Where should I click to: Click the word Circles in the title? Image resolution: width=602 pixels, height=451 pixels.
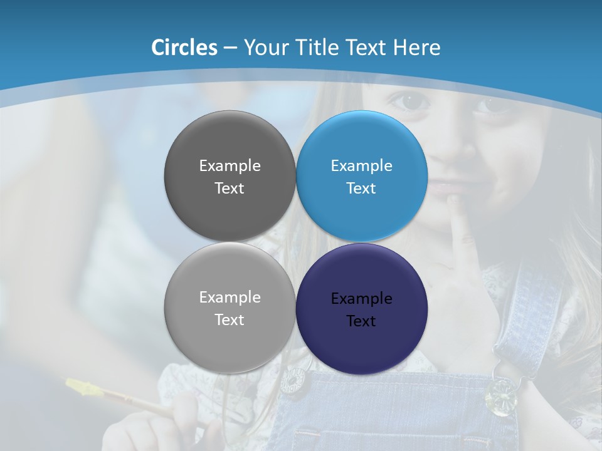pos(184,48)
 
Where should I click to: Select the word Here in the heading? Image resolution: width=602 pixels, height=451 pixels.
pos(416,48)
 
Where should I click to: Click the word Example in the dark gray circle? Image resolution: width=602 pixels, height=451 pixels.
pos(230,166)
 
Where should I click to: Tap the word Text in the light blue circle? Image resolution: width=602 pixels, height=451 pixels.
pos(361,189)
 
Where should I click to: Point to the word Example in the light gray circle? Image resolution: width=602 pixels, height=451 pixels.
pos(230,298)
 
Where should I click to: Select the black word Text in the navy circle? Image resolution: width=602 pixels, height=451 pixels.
pos(361,321)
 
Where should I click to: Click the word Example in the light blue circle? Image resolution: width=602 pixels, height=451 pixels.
pos(361,166)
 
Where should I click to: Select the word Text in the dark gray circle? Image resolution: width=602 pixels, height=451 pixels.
pos(230,189)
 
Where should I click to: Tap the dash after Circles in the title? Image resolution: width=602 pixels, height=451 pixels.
pos(230,48)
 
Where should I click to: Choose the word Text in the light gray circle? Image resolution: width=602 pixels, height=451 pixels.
pos(230,320)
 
